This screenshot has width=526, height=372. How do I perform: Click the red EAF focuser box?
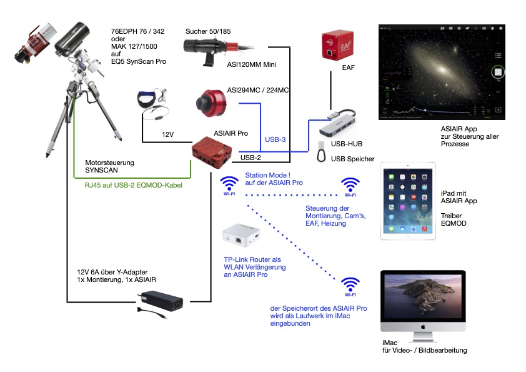click(x=337, y=45)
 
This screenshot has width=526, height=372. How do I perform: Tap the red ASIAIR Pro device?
click(x=212, y=152)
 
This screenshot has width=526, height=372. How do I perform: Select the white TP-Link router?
click(x=241, y=235)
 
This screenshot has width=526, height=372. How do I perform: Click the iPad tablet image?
click(x=407, y=201)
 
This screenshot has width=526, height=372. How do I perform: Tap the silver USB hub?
click(x=337, y=123)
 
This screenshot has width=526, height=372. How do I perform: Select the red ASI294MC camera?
click(x=211, y=103)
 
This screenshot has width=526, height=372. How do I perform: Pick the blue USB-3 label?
click(x=275, y=139)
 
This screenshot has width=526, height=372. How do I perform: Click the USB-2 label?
click(x=251, y=158)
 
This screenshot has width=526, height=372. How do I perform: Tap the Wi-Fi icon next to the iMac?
click(x=350, y=287)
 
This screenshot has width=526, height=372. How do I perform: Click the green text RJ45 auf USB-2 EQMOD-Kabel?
click(x=134, y=185)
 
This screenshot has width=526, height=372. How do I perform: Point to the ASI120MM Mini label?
click(x=251, y=64)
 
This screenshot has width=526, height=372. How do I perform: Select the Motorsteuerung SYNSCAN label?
click(x=110, y=166)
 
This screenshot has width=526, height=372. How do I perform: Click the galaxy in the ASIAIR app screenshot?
click(x=442, y=69)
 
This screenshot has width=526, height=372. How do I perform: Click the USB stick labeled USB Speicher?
click(x=321, y=151)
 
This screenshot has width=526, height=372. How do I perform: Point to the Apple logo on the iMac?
click(x=423, y=327)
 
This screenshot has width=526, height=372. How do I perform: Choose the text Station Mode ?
click(x=268, y=175)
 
